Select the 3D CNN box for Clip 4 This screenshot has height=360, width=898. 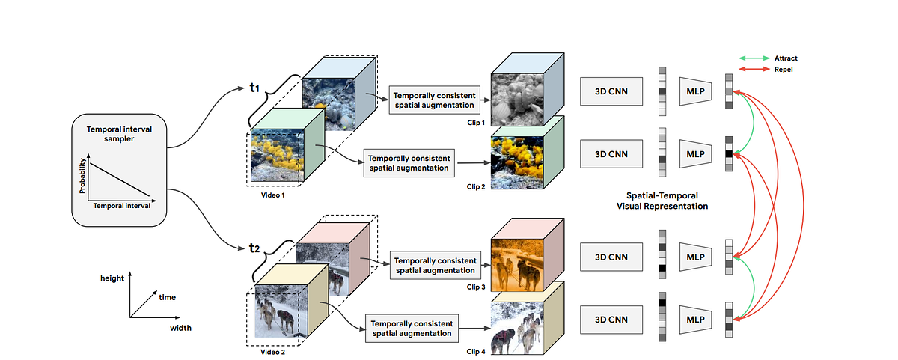[610, 320]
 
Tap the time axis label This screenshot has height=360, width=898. [168, 297]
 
